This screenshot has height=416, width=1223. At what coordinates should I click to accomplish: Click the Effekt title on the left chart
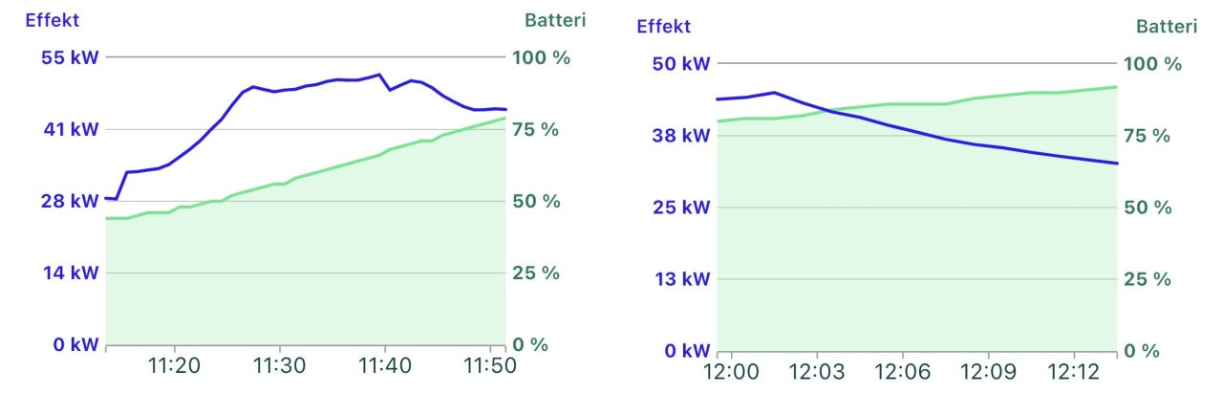pyautogui.click(x=52, y=19)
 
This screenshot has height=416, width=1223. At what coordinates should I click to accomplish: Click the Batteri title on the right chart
pyautogui.click(x=1166, y=26)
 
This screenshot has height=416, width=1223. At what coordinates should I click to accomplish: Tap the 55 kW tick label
pyautogui.click(x=71, y=57)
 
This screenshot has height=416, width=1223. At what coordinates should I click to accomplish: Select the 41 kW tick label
pyautogui.click(x=71, y=129)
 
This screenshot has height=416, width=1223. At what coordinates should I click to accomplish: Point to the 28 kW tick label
pyautogui.click(x=71, y=201)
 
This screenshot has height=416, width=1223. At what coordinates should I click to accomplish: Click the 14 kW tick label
pyautogui.click(x=71, y=273)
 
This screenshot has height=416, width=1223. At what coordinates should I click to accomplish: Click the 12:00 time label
pyautogui.click(x=731, y=371)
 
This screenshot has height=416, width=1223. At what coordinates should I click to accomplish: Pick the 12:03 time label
pyautogui.click(x=817, y=371)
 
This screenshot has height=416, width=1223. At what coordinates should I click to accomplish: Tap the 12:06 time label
pyautogui.click(x=903, y=371)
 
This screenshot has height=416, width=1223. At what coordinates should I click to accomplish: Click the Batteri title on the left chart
pyautogui.click(x=555, y=19)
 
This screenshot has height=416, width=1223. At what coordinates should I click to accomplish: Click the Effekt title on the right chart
pyautogui.click(x=663, y=26)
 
